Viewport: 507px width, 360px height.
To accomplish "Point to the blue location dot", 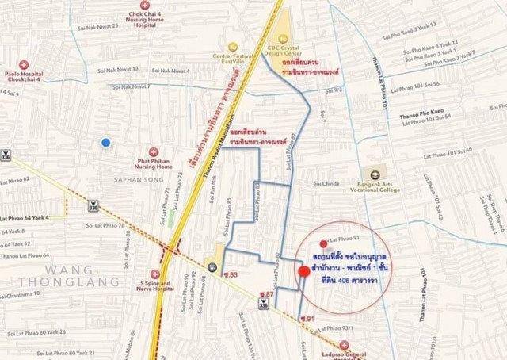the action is pyautogui.click(x=106, y=143).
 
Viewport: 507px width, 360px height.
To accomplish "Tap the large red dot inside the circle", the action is pyautogui.click(x=303, y=272).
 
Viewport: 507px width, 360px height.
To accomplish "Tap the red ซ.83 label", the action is pyautogui.click(x=231, y=275).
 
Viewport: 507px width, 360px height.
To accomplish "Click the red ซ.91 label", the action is pyautogui.click(x=307, y=319).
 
